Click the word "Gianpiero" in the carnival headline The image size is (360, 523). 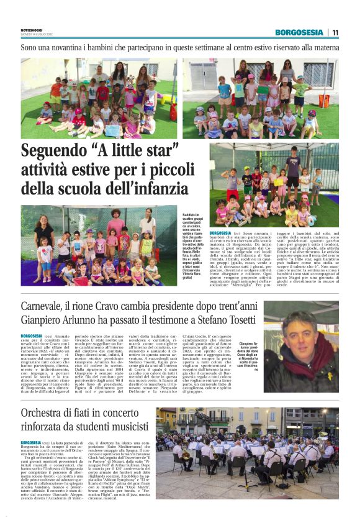45,319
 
